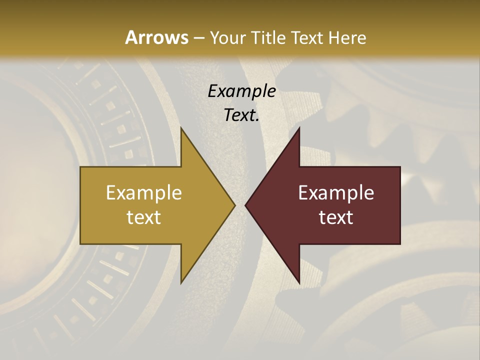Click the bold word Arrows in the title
(156, 37)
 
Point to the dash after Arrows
(198, 38)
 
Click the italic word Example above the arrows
(242, 91)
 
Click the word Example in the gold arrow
(144, 193)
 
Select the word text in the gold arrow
(144, 217)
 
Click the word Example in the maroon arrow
(336, 193)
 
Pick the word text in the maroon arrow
(336, 217)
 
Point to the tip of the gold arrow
(234, 205)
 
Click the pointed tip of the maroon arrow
(245, 205)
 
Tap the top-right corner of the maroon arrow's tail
(399, 167)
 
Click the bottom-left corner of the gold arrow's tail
(81, 243)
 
